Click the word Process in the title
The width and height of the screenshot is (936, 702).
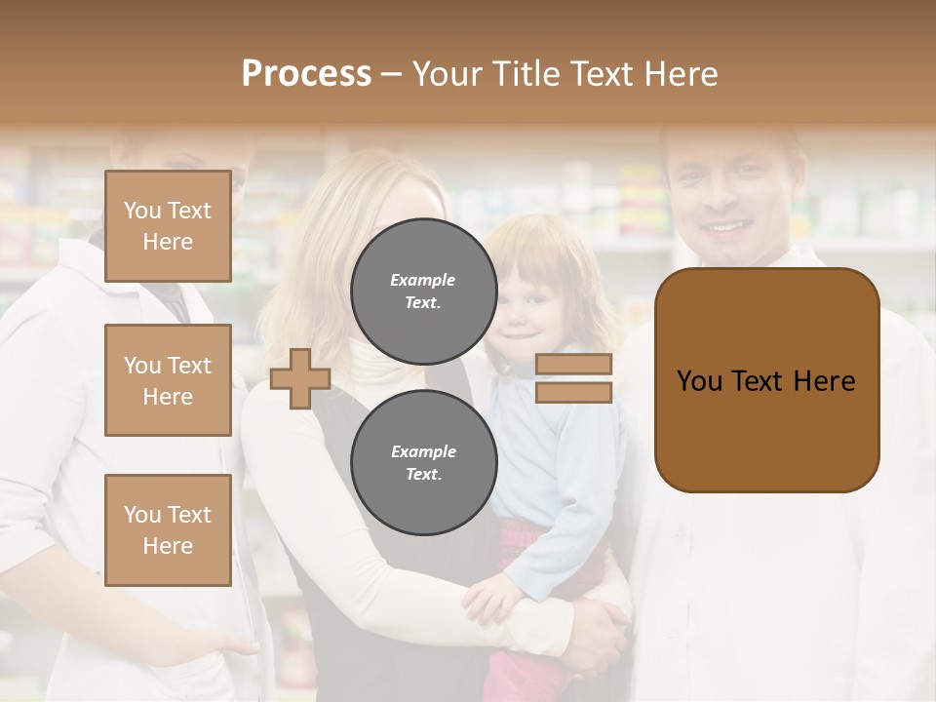click(306, 73)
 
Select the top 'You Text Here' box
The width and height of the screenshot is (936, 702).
click(168, 226)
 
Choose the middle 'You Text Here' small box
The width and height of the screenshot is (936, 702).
click(168, 380)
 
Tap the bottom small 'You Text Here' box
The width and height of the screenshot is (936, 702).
click(168, 529)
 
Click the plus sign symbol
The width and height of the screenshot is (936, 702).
click(299, 378)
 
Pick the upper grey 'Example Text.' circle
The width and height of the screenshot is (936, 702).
click(423, 291)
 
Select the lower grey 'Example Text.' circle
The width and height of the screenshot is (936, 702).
click(423, 462)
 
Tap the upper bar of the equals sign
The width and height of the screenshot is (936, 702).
click(573, 364)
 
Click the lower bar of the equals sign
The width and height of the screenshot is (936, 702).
click(573, 392)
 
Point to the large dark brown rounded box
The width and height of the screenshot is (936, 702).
click(766, 380)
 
